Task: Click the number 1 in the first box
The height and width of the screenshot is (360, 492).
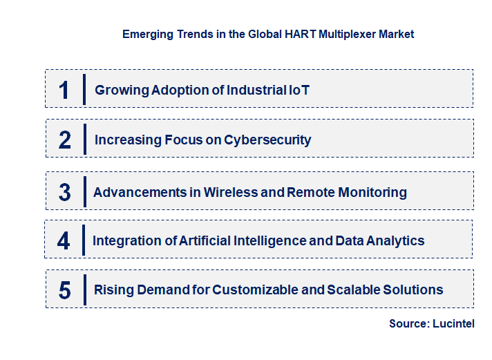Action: tap(64, 90)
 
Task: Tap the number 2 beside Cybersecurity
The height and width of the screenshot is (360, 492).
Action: tap(65, 140)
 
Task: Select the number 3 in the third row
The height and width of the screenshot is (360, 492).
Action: tap(64, 193)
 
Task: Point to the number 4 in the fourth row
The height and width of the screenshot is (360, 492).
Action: tap(64, 241)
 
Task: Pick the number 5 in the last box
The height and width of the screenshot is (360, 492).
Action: tap(64, 290)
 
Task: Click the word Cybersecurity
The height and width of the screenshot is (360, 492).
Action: tap(267, 140)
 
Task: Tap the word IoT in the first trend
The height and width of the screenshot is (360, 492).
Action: tap(299, 90)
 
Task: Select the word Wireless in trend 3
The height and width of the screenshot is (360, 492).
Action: tap(231, 192)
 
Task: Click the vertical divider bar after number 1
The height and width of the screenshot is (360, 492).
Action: tap(84, 89)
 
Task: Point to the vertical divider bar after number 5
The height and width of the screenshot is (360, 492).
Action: tap(84, 290)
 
